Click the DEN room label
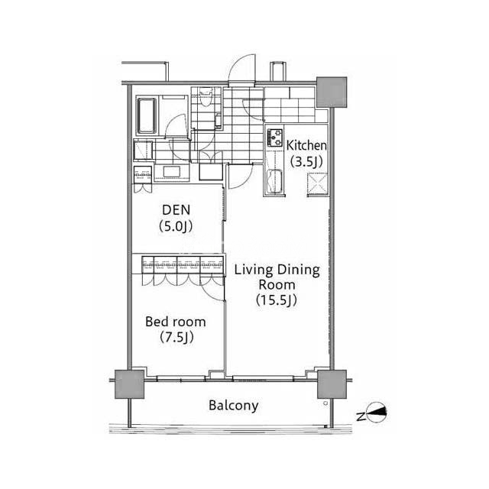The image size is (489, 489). pos(176,210)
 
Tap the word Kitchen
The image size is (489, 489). pos(306,146)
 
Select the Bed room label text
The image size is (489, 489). pos(176,322)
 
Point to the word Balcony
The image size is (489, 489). pos(234,406)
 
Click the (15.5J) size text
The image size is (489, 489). pos(277,300)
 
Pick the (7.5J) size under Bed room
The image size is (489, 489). pos(176,337)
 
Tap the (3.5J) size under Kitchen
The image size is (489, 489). pos(306,161)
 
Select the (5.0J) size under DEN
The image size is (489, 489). pos(176,226)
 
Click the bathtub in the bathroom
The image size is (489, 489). pos(146,115)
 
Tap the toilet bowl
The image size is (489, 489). pos(206,98)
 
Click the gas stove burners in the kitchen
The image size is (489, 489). pos(275,138)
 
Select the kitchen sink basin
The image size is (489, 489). pos(275,182)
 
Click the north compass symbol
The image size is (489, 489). pos(377,415)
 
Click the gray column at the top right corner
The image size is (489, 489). pos(332,92)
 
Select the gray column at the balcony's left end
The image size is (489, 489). pos(129,384)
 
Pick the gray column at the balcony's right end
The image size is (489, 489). pos(332,384)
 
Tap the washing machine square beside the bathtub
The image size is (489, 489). pos(143,151)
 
